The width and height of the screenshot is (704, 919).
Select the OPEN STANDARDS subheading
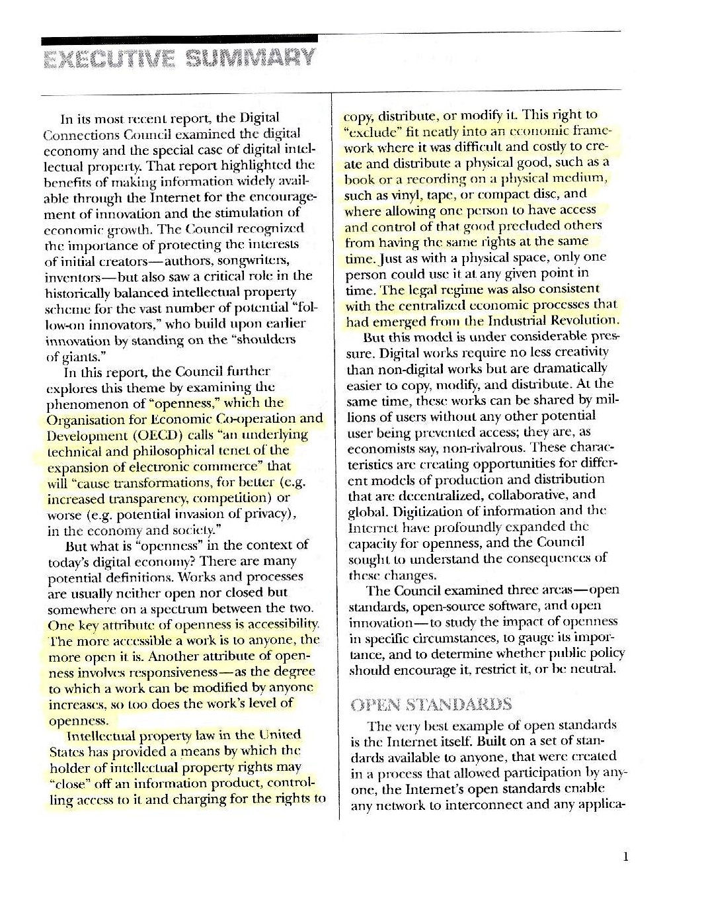tap(431, 703)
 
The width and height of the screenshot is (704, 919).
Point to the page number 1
tap(625, 857)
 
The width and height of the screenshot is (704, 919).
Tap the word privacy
tap(264, 514)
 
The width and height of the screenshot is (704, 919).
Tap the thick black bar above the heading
tap(178, 39)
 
